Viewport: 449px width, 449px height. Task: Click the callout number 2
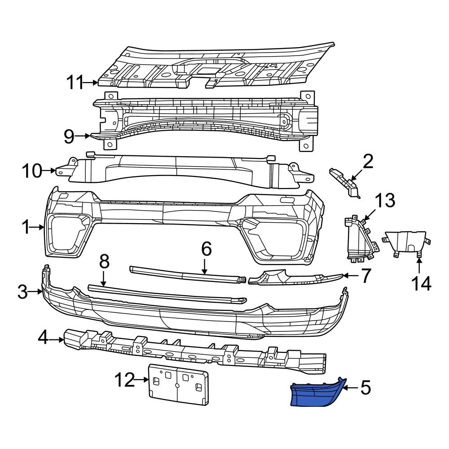(368, 161)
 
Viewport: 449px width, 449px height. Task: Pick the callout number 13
(385, 200)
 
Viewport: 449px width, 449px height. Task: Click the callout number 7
(366, 276)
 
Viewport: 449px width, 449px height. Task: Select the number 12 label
(124, 381)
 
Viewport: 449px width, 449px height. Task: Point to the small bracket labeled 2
(345, 182)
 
